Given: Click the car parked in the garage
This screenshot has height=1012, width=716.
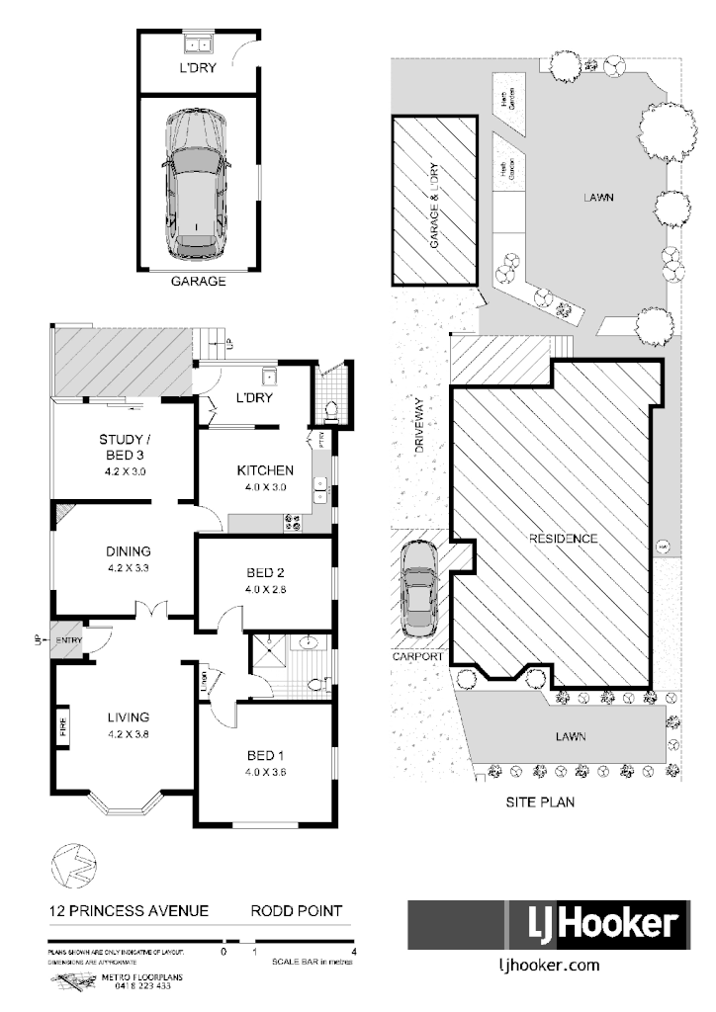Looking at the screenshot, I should tap(199, 177).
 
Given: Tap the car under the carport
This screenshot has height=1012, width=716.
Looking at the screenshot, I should tap(420, 592).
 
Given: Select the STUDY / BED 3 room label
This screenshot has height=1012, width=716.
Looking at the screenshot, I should tap(125, 446).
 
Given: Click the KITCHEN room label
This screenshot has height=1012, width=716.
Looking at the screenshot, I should tap(264, 470).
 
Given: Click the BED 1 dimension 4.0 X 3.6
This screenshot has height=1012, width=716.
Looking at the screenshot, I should tap(265, 774).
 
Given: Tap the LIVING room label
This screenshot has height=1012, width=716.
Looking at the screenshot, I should tap(129, 717).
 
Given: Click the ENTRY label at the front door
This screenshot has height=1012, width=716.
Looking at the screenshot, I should tap(70, 641).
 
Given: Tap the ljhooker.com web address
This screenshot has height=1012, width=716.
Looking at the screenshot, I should tap(547, 967).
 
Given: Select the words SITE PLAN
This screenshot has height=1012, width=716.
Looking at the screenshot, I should tap(541, 802).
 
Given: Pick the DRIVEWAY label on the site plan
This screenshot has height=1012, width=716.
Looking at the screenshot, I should tap(419, 426).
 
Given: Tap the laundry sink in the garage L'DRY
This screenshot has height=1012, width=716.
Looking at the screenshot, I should tap(195, 43).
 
